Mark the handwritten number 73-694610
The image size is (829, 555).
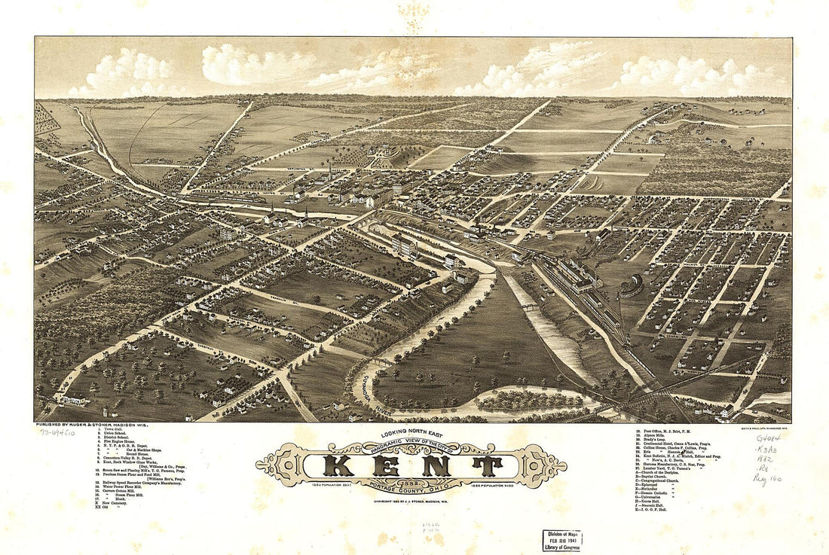click(58, 434)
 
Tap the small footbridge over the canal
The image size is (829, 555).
click(528, 307)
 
